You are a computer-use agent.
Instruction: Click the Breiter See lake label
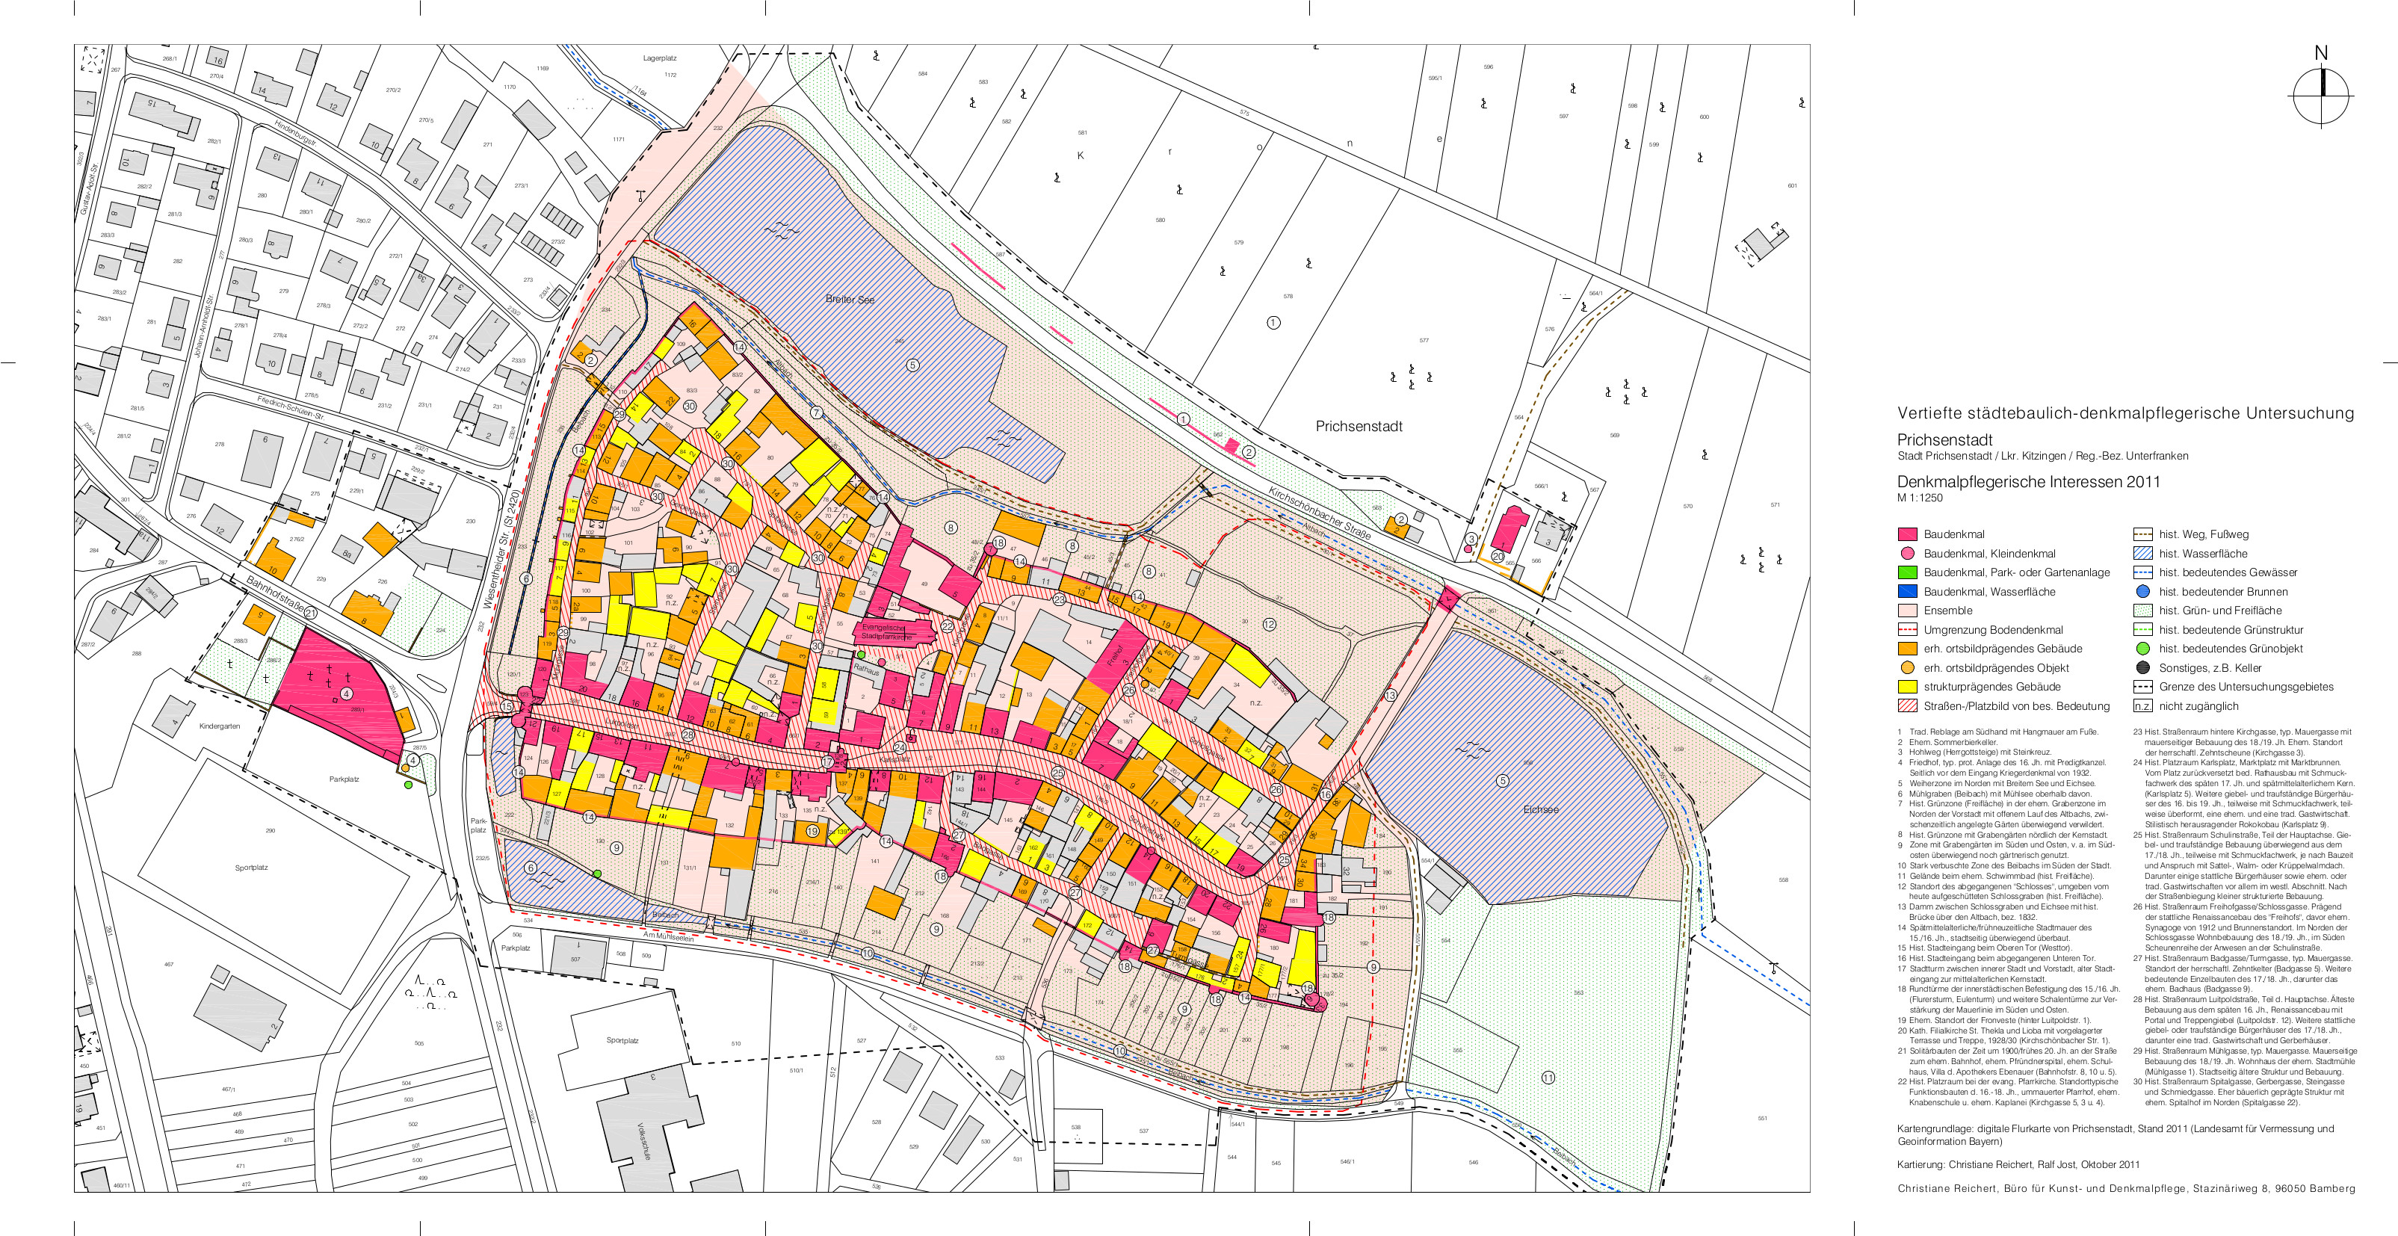850,300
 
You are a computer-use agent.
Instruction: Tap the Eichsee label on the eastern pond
1541,809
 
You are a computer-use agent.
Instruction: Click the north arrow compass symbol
2321,95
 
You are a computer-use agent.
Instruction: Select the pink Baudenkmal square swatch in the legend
1908,534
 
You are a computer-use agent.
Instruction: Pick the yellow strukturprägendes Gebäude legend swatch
1908,687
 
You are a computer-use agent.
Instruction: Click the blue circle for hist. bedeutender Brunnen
2142,591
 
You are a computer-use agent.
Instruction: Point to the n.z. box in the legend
2142,706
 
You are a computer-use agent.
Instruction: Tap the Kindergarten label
219,726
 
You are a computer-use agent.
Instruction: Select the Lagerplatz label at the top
659,58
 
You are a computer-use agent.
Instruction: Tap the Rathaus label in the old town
866,670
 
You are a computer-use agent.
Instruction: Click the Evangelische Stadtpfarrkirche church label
883,632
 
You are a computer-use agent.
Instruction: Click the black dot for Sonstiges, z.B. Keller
2142,667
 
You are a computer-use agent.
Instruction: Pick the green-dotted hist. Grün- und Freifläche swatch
2142,611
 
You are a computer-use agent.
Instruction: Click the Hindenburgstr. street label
295,136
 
